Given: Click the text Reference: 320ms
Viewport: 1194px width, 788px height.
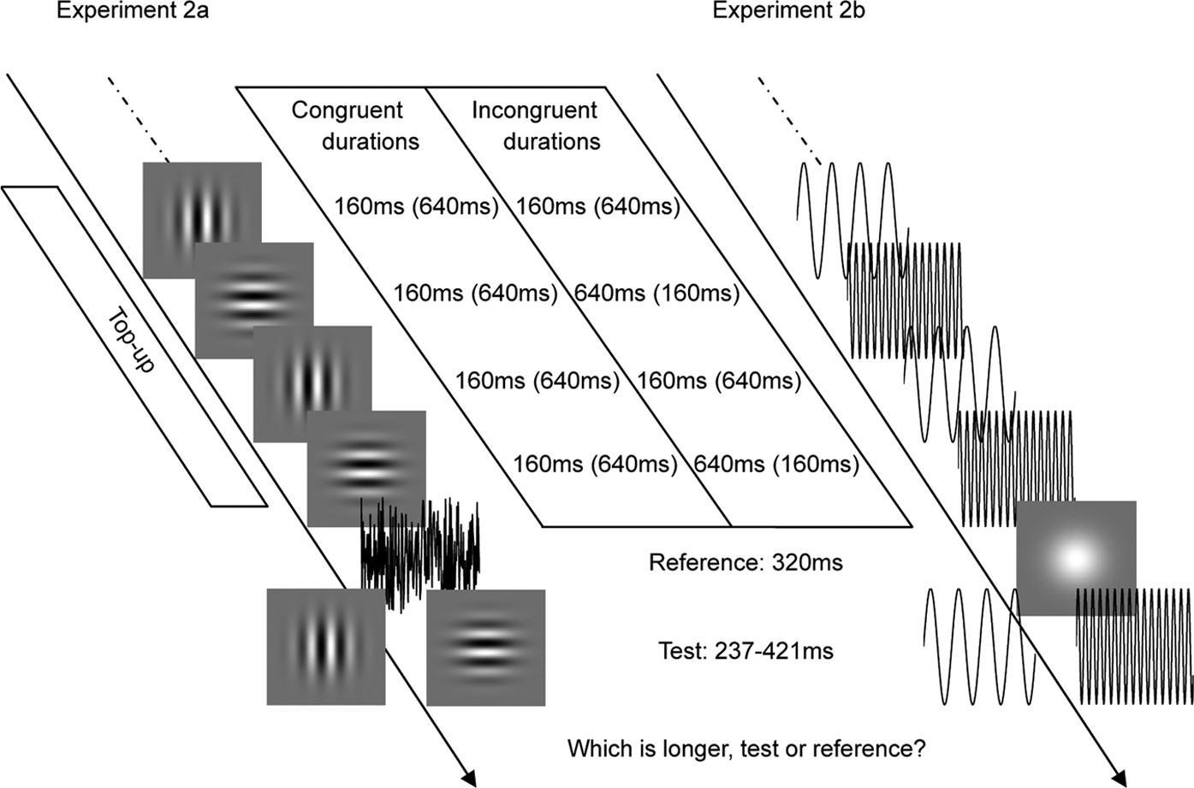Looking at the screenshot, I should click(x=746, y=562).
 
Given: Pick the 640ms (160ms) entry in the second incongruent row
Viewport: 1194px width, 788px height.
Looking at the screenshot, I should click(x=656, y=293).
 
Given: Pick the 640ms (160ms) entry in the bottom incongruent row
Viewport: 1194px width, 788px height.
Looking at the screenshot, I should click(x=776, y=464).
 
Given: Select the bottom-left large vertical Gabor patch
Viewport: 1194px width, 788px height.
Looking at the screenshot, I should click(x=325, y=646).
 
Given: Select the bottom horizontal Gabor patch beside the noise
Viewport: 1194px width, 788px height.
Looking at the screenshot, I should click(x=485, y=648).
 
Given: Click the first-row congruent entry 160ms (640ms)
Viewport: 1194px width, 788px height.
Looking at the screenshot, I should click(x=416, y=206).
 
